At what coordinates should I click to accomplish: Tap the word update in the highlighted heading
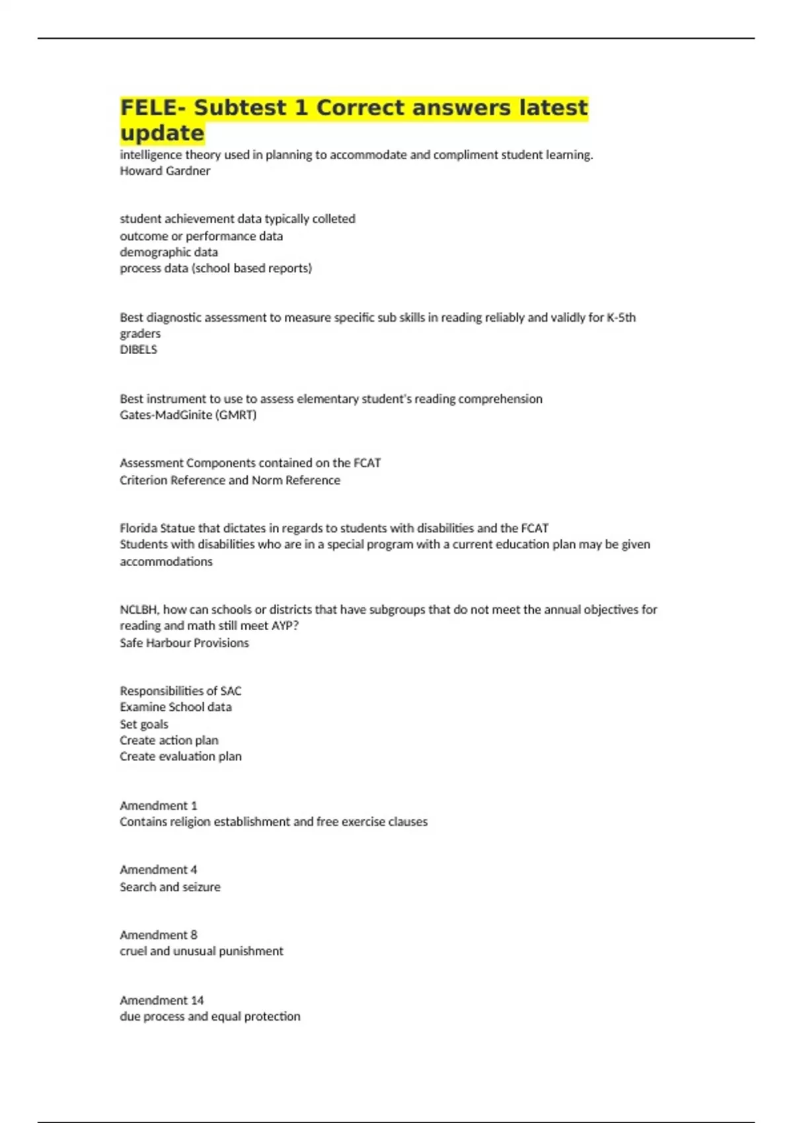163,133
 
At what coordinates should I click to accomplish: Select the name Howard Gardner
165,170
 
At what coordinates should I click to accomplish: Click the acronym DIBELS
138,349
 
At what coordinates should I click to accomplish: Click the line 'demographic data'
169,252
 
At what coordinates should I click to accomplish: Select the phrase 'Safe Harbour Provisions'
184,643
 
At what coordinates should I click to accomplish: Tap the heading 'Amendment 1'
159,805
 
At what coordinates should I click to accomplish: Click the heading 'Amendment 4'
159,869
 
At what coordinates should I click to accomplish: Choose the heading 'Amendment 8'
159,935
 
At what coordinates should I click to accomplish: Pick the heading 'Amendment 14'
162,1000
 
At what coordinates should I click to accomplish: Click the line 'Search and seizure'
170,887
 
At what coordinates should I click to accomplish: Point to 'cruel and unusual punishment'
202,951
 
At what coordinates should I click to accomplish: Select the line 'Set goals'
144,724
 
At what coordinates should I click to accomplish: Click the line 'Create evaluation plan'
180,756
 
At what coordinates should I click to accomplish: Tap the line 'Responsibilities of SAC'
180,691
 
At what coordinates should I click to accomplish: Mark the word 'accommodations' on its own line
166,561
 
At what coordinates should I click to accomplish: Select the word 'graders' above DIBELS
140,334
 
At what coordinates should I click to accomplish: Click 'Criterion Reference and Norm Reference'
230,480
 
